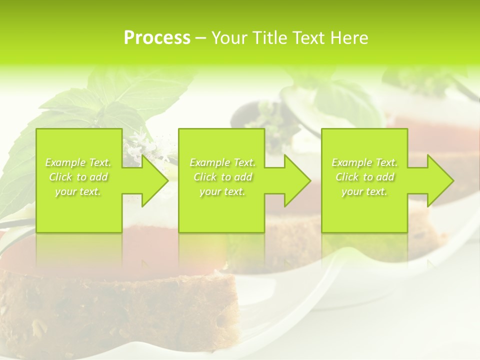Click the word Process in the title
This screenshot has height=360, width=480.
point(157,37)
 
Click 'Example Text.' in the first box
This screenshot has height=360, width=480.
point(78,162)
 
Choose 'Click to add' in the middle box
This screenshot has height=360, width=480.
point(222,177)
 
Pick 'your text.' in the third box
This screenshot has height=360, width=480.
point(364,191)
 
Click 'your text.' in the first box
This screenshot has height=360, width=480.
point(78,191)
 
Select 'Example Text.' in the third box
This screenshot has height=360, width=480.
point(364,162)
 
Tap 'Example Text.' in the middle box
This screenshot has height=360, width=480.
point(222,162)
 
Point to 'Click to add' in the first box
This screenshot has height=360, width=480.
point(78,177)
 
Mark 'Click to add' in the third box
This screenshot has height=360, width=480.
point(364,177)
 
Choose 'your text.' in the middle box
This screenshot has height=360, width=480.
point(222,191)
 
